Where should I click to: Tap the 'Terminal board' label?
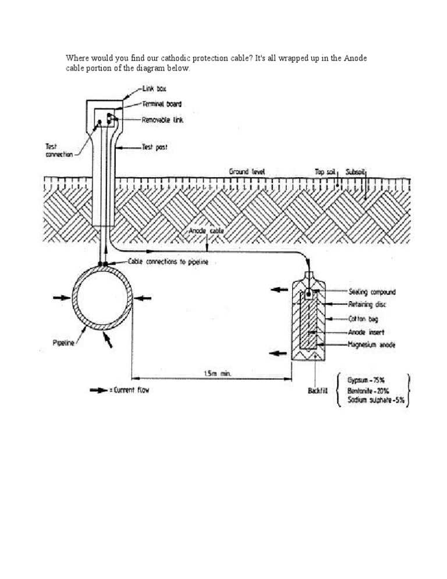[162, 104]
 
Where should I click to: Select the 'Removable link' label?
[163, 119]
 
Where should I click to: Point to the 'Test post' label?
[155, 148]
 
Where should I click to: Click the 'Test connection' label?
[59, 150]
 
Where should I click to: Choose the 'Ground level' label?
[247, 172]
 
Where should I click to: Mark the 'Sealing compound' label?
[372, 292]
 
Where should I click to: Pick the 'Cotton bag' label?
[364, 319]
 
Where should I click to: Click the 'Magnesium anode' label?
[372, 345]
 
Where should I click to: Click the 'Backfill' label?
[319, 390]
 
